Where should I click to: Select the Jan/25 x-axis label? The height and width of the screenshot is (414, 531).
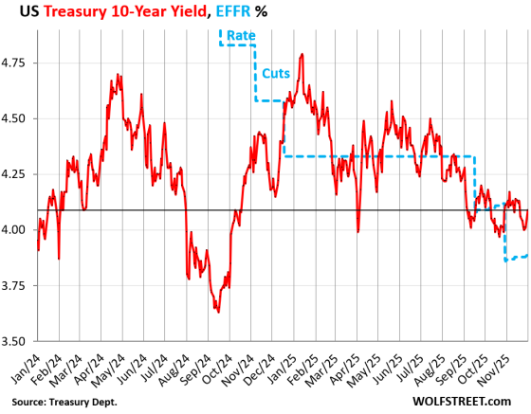tap(282, 365)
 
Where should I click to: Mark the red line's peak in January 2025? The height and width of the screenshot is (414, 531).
tap(302, 54)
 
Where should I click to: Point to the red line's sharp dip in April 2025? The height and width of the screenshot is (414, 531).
tap(357, 230)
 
